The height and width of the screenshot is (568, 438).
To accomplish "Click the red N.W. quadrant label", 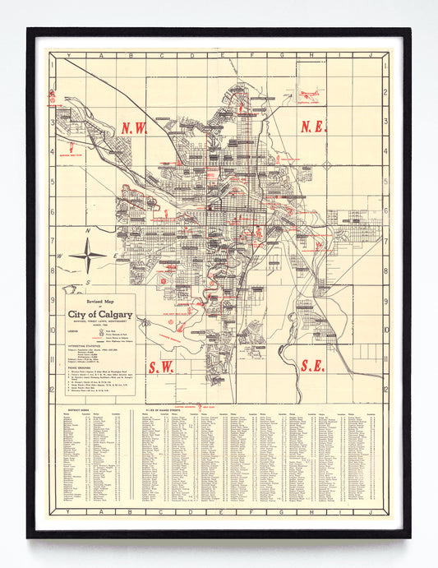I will tap(135, 128).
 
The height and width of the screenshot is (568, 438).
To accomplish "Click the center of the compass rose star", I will tap(86, 255).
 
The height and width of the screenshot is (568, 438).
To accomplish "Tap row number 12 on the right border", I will tap(385, 390).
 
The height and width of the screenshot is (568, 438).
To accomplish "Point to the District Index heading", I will tap(78, 408).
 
